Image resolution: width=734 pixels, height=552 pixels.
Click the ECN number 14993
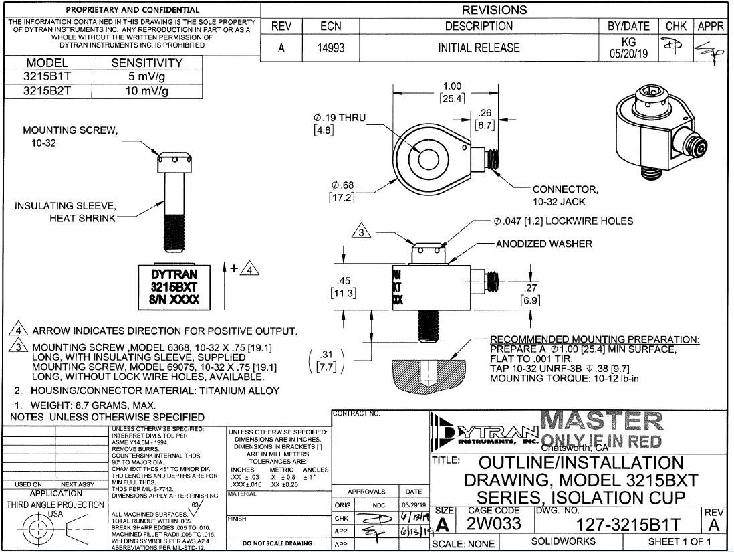click(x=331, y=48)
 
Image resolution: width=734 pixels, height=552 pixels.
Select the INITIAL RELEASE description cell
click(x=479, y=48)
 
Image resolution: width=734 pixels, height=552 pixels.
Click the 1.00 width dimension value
click(x=452, y=86)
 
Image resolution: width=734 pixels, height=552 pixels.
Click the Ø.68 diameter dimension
click(x=342, y=185)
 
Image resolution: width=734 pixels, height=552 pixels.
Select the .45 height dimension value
click(x=346, y=280)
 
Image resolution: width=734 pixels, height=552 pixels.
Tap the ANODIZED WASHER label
click(x=543, y=244)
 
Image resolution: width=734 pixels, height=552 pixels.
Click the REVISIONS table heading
click(x=494, y=10)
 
